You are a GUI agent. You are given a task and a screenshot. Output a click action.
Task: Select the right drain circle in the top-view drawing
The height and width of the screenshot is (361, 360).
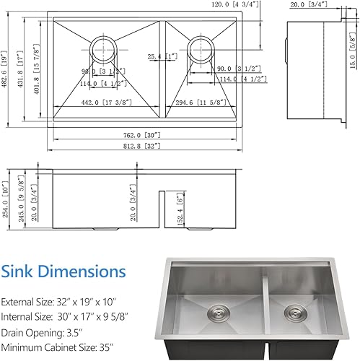[200, 50]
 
